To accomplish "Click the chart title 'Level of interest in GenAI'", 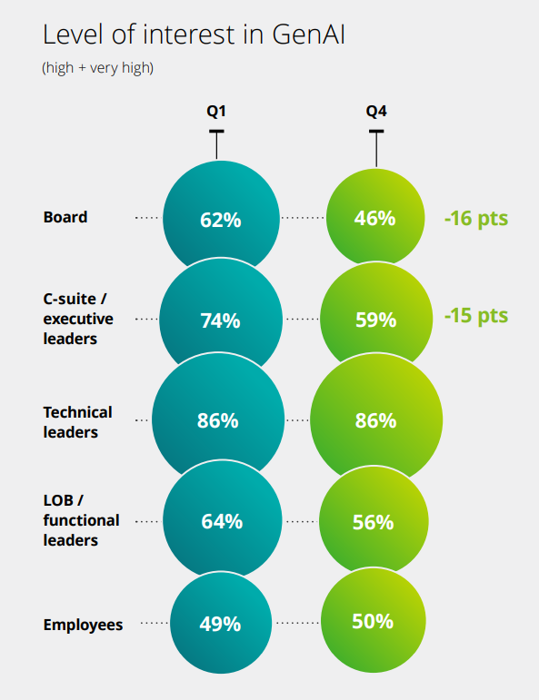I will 194,35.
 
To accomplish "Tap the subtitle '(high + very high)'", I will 97,69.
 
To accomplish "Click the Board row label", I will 65,217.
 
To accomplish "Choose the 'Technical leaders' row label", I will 78,421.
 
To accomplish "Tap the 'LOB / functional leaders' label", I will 81,520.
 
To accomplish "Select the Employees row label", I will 83,625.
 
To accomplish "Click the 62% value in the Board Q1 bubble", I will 220,219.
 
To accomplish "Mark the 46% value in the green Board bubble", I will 374,218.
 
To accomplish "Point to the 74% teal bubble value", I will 220,320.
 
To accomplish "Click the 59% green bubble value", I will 374,320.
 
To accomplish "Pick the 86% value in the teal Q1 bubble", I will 218,420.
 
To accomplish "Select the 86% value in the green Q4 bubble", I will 374,420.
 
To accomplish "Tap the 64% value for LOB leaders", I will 221,521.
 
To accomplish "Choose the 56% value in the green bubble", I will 373,522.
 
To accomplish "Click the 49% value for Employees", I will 220,624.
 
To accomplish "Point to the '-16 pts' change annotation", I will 475,218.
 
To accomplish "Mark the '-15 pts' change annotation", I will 475,316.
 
